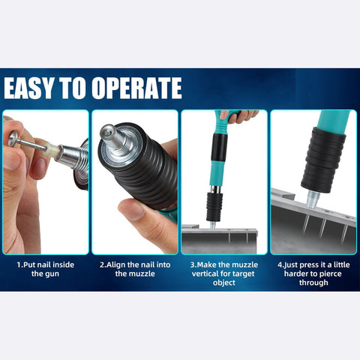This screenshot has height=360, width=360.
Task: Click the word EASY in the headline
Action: pos(31,88)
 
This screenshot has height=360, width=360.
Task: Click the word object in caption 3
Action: pos(224,283)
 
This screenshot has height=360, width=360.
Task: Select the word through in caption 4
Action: pos(313,283)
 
